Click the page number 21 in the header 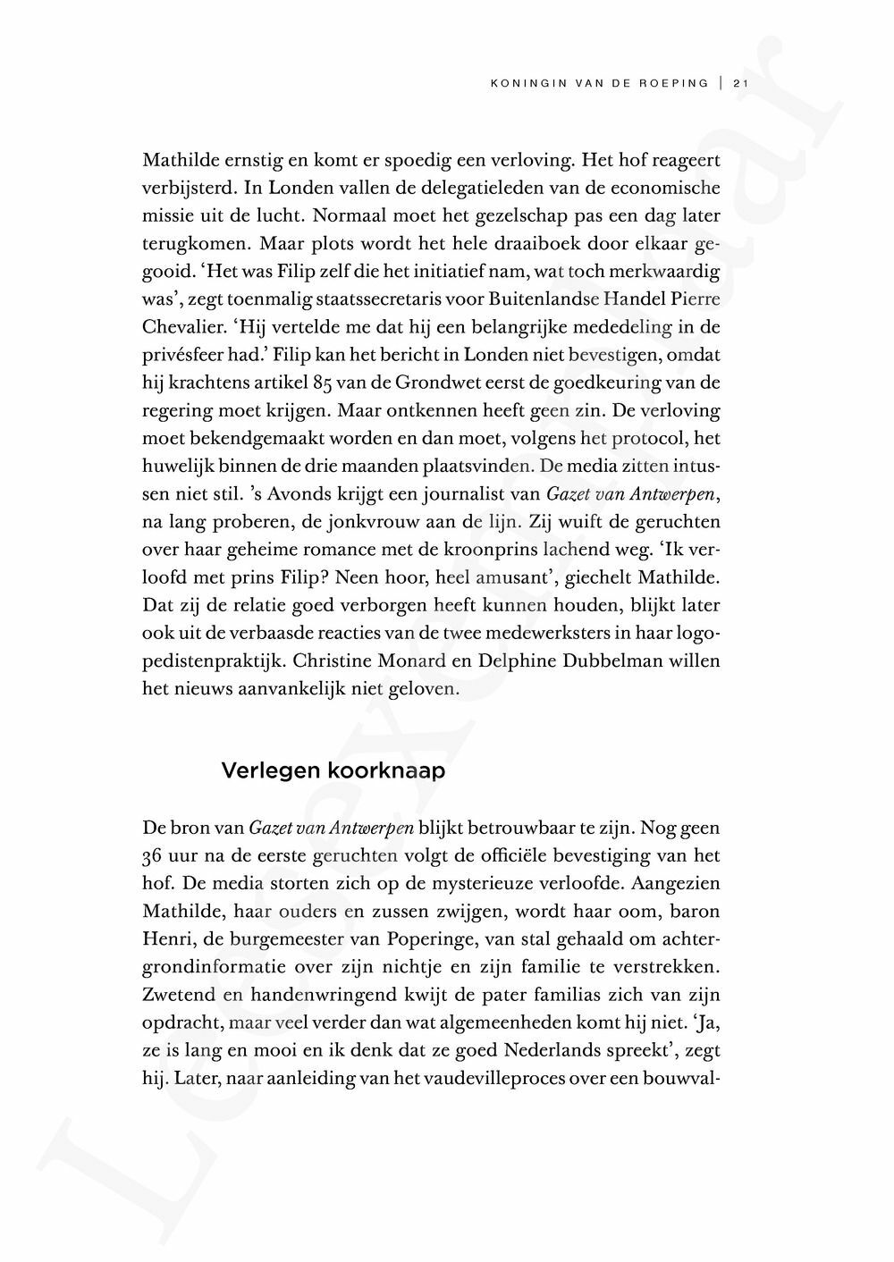(739, 84)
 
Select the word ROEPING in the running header (675, 84)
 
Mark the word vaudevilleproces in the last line (486, 1080)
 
